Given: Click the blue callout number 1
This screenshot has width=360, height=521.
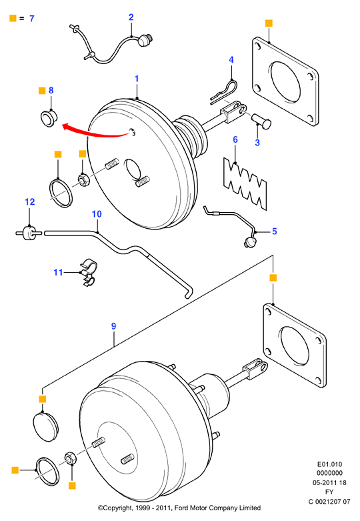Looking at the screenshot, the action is click(x=137, y=79).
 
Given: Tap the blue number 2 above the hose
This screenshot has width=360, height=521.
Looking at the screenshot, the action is click(x=131, y=17).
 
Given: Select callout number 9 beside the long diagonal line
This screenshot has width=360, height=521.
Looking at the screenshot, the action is click(x=113, y=326).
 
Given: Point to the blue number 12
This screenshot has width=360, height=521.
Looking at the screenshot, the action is click(x=30, y=201).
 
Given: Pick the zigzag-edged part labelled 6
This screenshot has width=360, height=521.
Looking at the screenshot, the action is click(x=245, y=183).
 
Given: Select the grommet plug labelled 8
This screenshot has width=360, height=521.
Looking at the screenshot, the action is click(x=49, y=118).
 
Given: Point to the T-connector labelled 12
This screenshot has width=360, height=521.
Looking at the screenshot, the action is click(x=29, y=232).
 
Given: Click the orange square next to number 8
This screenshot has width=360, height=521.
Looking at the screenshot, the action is click(x=42, y=91).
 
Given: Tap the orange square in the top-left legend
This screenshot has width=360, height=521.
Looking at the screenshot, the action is click(x=13, y=18).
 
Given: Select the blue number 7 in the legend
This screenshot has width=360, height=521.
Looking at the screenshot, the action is click(x=32, y=18).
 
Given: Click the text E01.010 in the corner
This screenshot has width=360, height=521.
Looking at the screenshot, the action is click(x=329, y=464).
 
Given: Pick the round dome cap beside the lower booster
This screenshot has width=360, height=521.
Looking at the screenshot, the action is click(x=46, y=427).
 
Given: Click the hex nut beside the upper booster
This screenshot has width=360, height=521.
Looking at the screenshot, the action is click(x=84, y=180).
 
